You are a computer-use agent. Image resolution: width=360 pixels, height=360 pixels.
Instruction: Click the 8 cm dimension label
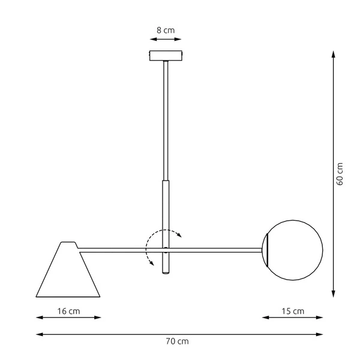(165, 29)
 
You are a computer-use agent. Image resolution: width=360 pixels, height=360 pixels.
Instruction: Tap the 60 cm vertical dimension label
(340, 174)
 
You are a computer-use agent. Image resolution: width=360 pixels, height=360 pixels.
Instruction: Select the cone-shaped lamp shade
(67, 273)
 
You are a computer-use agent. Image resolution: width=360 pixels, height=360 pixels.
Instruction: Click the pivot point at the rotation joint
(165, 248)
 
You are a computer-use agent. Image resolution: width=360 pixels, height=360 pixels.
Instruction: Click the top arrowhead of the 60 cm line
(333, 55)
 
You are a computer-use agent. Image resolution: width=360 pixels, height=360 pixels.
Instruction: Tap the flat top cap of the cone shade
(68, 244)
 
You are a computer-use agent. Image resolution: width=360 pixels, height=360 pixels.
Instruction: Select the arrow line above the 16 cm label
(68, 318)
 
